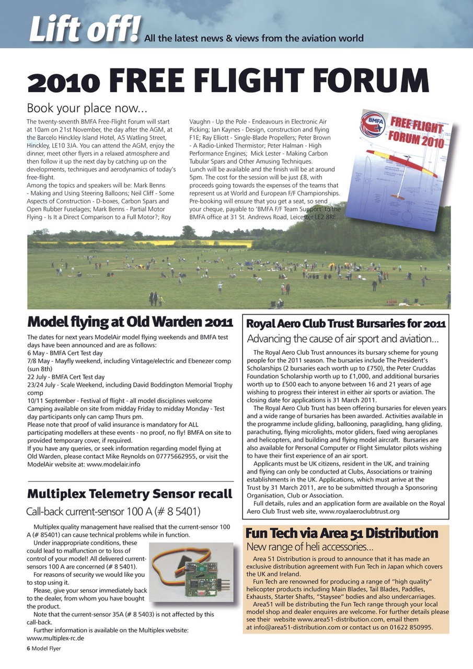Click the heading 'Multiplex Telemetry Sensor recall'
[129, 494]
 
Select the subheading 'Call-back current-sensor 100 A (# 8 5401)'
[113, 511]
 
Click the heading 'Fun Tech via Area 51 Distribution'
[342, 534]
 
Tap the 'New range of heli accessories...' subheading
[310, 547]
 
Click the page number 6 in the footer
[29, 649]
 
